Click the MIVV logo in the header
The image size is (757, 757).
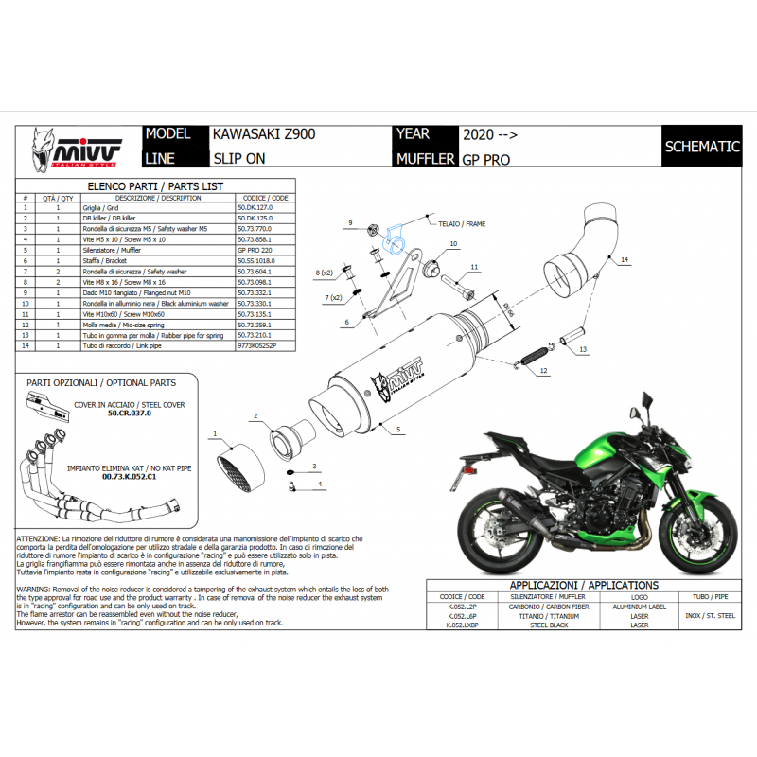[78, 149]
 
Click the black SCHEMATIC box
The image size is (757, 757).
[702, 147]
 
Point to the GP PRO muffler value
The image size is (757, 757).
[485, 160]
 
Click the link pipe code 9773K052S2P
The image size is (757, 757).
[257, 347]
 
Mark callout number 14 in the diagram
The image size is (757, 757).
[625, 258]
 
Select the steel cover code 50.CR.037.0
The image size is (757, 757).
[130, 414]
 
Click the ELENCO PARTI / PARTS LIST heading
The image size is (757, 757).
[154, 187]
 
